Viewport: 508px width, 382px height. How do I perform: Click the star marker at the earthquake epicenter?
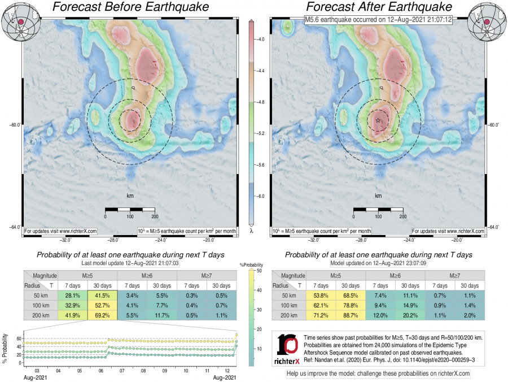[x=378, y=121]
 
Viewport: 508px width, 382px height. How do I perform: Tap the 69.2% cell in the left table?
[x=102, y=315]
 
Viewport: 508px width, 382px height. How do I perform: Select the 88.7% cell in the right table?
[x=351, y=315]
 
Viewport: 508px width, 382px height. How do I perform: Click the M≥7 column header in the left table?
[x=207, y=275]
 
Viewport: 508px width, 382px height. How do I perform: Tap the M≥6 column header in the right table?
[x=396, y=275]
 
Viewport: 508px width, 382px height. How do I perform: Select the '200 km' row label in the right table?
[x=288, y=315]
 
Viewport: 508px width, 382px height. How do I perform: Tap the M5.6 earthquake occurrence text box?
[x=378, y=20]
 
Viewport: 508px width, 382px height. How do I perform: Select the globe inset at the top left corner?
[x=17, y=21]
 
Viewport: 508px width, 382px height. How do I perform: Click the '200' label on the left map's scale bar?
[x=154, y=216]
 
